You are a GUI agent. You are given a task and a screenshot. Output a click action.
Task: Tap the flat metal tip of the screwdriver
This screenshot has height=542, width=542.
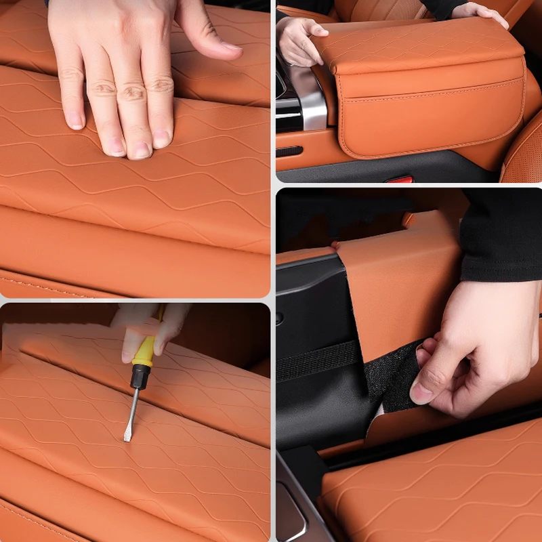(x=127, y=434)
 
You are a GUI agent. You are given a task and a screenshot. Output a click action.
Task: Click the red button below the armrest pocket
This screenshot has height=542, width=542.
(x=399, y=180)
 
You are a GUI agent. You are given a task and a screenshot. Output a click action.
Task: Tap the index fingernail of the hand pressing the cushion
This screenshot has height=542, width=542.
(x=75, y=121)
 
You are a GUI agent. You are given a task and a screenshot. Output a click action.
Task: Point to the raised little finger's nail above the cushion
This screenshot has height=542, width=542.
(x=230, y=47)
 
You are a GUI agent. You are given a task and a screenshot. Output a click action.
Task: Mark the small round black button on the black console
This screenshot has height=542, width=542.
(x=280, y=318)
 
